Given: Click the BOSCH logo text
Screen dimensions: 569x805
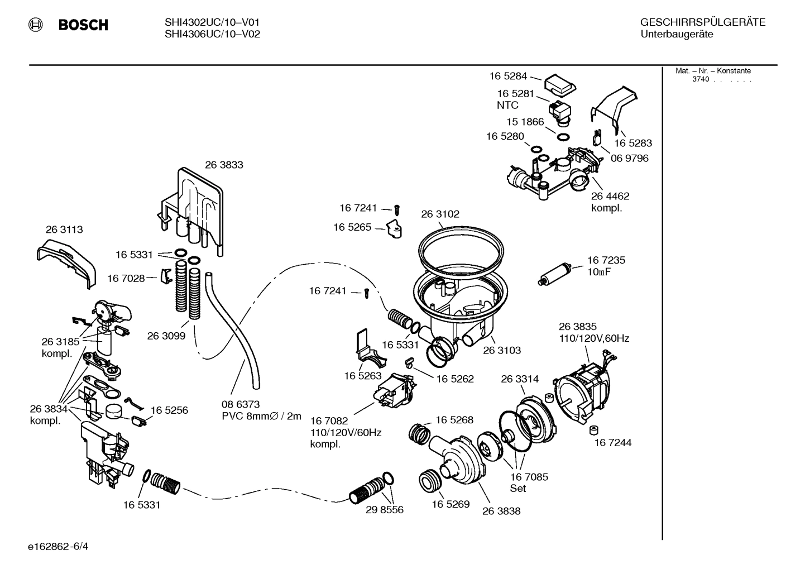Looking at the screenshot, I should coord(83,25).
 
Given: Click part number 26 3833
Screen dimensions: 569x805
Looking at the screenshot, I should coord(224,165).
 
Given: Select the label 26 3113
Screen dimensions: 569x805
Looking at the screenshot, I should coord(64,229).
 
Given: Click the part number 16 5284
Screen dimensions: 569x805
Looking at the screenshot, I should coord(508,76).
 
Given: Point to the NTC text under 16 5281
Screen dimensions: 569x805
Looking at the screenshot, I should coord(507,105).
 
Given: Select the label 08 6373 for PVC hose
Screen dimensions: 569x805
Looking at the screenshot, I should coord(241,404).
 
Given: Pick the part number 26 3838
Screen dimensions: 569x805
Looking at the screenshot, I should coord(501,511).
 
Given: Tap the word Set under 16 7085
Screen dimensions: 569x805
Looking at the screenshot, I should coord(518,488).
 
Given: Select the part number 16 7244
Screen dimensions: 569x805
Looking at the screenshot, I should coord(612,443).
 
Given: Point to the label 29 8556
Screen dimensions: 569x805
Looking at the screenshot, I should coord(385,510).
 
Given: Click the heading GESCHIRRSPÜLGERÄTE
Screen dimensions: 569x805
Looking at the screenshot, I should coord(702,22).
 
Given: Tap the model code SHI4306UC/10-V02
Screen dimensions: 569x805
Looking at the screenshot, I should coord(212,34).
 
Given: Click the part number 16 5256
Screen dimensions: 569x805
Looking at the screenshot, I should coord(169,410).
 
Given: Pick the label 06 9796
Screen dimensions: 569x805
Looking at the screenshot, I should coord(629,158).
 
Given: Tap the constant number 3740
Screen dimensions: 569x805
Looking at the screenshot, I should coord(700,79).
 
